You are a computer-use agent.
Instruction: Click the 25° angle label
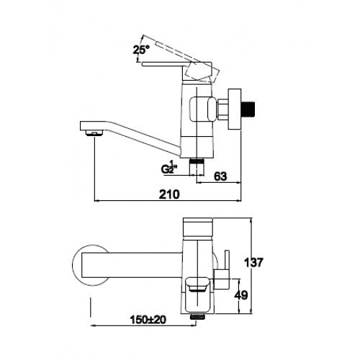click(x=141, y=50)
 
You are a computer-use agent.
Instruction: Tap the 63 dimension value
click(x=220, y=176)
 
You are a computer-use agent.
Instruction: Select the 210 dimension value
click(x=169, y=194)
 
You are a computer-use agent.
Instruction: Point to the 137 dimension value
click(x=253, y=262)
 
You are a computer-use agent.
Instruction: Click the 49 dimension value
click(x=240, y=295)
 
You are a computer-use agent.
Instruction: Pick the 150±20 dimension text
click(x=148, y=320)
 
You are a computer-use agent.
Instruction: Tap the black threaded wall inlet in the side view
click(x=248, y=111)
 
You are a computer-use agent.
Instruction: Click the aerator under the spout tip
click(x=94, y=132)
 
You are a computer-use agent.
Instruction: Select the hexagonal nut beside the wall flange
click(x=222, y=110)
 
